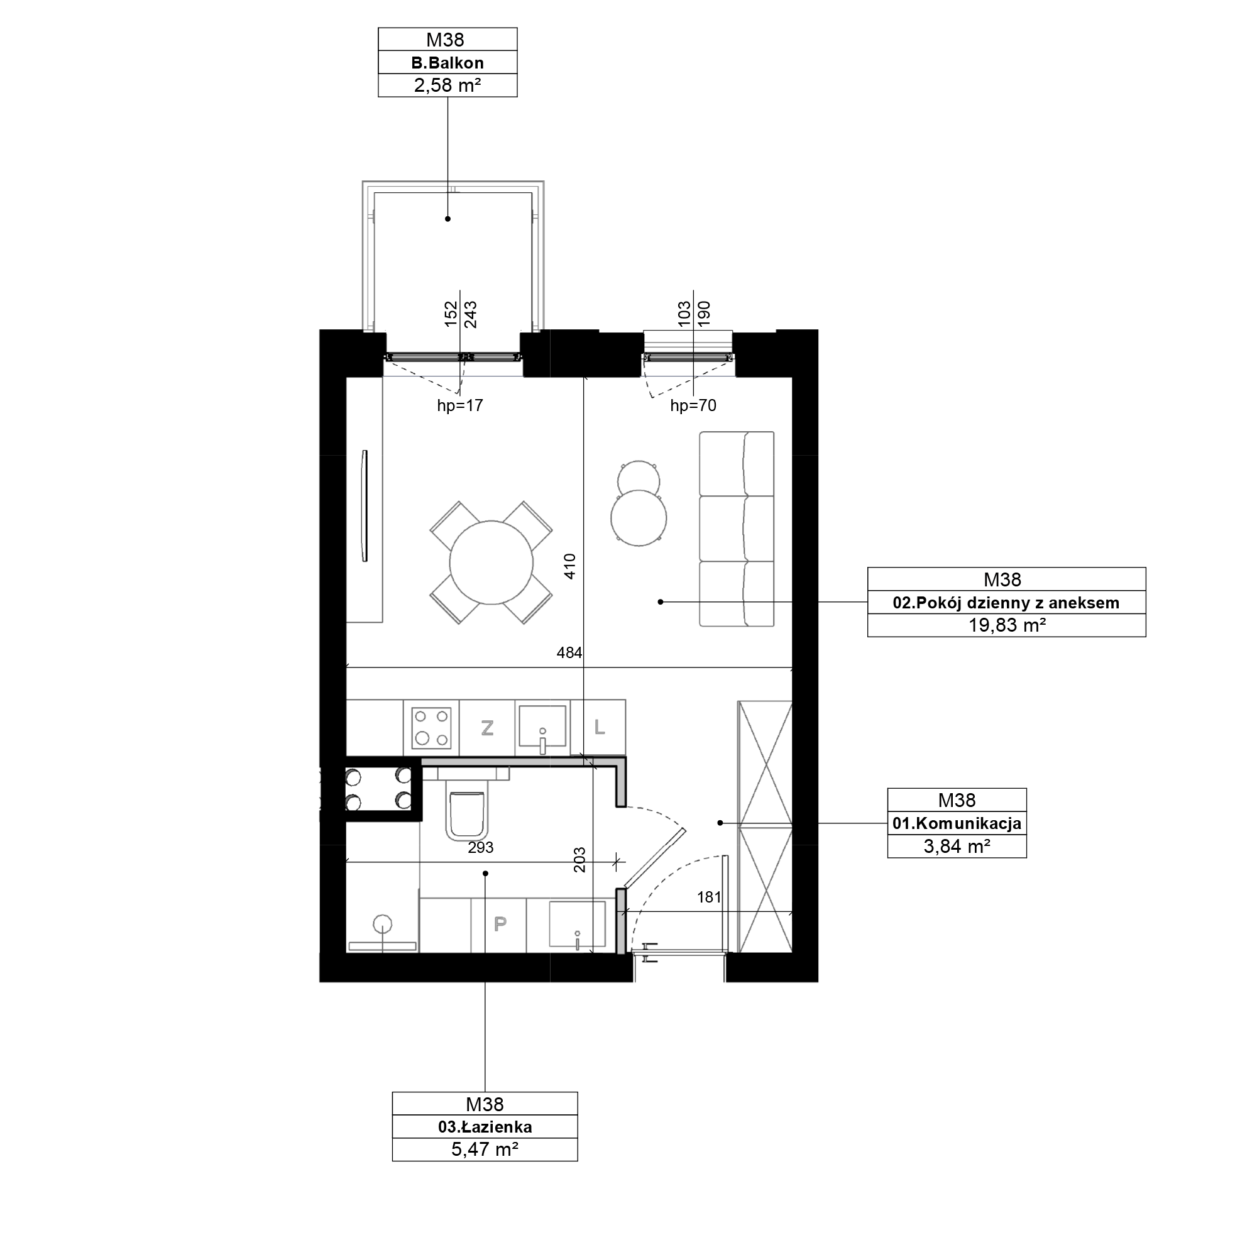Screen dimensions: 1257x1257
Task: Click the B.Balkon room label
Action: (447, 63)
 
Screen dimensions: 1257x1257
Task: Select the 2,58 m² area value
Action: (447, 85)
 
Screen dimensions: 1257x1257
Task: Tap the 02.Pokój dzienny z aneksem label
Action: (1006, 603)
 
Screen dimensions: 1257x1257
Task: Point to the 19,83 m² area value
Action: (1006, 625)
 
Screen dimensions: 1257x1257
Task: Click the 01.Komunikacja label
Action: (957, 824)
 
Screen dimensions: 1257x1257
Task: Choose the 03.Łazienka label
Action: (485, 1127)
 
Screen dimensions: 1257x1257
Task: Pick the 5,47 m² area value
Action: (485, 1150)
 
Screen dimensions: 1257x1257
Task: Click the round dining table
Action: (491, 562)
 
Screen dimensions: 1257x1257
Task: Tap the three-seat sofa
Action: (737, 529)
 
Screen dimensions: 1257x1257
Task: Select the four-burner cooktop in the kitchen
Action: (431, 727)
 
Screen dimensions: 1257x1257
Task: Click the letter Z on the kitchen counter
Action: (487, 727)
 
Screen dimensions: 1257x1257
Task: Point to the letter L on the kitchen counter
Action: (599, 727)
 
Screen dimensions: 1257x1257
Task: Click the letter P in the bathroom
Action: (500, 924)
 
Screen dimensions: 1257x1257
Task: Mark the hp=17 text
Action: (460, 406)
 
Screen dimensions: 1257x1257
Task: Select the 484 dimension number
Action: (569, 652)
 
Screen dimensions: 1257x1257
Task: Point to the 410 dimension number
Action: (570, 567)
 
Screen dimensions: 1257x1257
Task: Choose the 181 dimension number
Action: (709, 897)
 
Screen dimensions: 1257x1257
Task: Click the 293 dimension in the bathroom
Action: (481, 848)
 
